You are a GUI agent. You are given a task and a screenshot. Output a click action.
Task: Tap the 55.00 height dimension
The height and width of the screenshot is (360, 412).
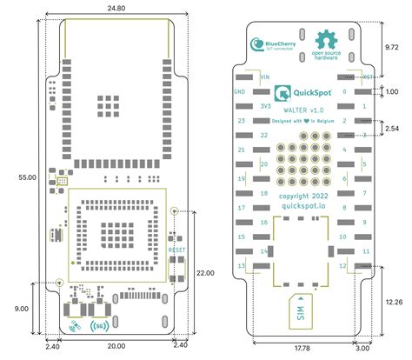26,177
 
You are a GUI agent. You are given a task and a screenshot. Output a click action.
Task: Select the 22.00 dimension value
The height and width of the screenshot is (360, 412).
204,272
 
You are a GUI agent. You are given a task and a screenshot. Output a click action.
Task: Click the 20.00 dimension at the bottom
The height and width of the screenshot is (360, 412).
116,345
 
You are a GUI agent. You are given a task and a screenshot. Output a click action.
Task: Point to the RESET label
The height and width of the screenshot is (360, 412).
177,250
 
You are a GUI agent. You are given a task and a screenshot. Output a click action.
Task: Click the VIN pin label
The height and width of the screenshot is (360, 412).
254,77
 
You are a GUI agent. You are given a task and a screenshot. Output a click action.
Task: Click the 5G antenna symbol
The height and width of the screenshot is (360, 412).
97,328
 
